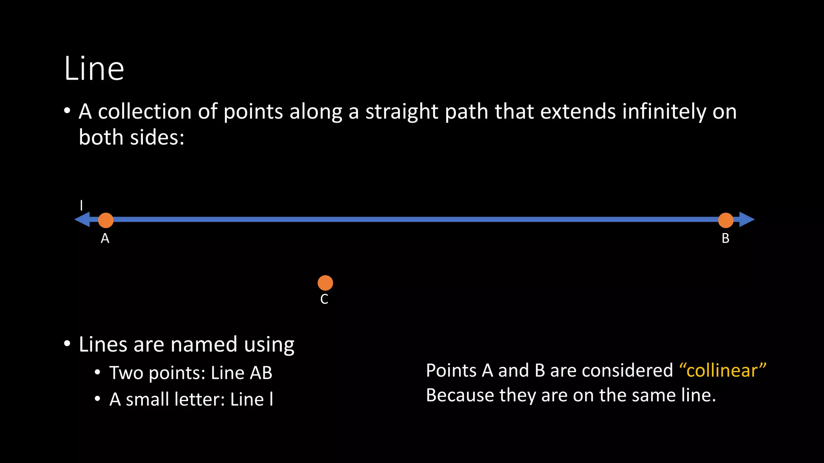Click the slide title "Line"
(x=94, y=69)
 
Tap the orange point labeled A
(x=106, y=220)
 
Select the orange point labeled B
(x=725, y=220)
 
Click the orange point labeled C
(x=325, y=283)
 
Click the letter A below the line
(x=105, y=239)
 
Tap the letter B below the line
(x=725, y=239)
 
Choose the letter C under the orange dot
(x=324, y=299)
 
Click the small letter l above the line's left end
(x=81, y=205)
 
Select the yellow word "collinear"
(x=722, y=371)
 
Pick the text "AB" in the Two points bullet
(x=261, y=373)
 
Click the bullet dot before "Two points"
(x=97, y=373)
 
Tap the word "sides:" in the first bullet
(x=157, y=137)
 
